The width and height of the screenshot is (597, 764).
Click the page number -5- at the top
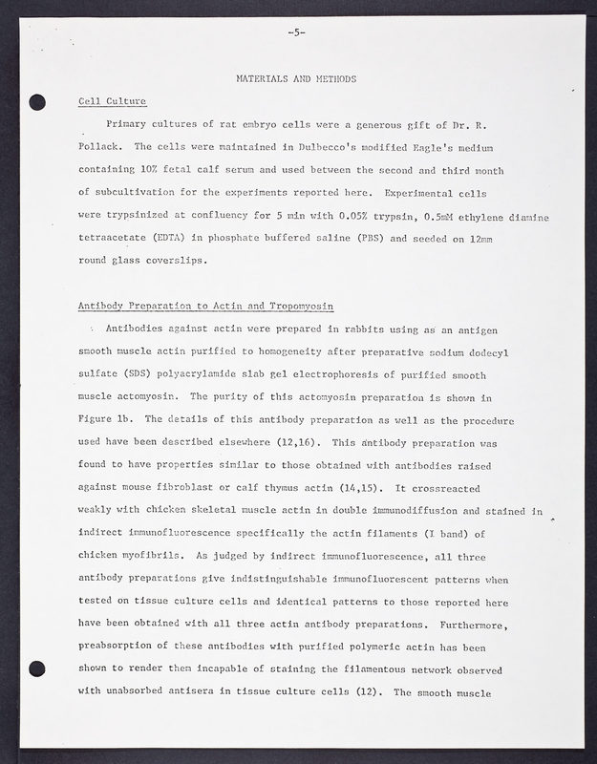pos(295,32)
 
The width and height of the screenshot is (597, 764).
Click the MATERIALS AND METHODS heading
pos(296,78)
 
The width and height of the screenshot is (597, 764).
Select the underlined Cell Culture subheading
pos(112,101)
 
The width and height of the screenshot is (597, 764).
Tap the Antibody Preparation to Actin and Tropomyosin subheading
pos(205,306)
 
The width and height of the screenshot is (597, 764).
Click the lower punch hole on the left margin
pos(37,668)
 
